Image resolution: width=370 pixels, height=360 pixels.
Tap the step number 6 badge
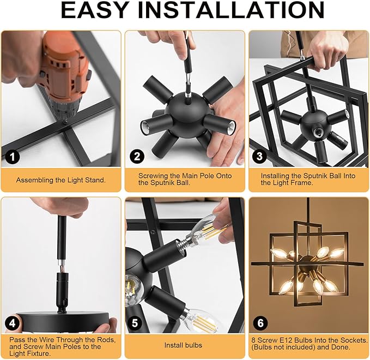point(262,323)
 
